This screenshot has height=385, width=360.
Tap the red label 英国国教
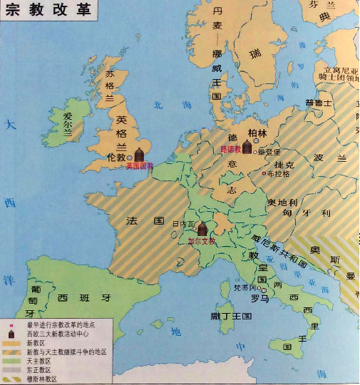(x=139, y=165)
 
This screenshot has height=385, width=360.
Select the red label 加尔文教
(x=201, y=242)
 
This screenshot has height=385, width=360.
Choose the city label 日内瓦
(x=183, y=224)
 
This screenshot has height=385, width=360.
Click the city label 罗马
(x=259, y=299)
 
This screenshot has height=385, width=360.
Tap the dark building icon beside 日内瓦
(x=202, y=229)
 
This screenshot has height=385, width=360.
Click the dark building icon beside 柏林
(x=247, y=147)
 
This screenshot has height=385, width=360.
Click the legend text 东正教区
(x=40, y=370)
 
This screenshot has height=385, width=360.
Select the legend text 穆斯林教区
(x=43, y=379)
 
